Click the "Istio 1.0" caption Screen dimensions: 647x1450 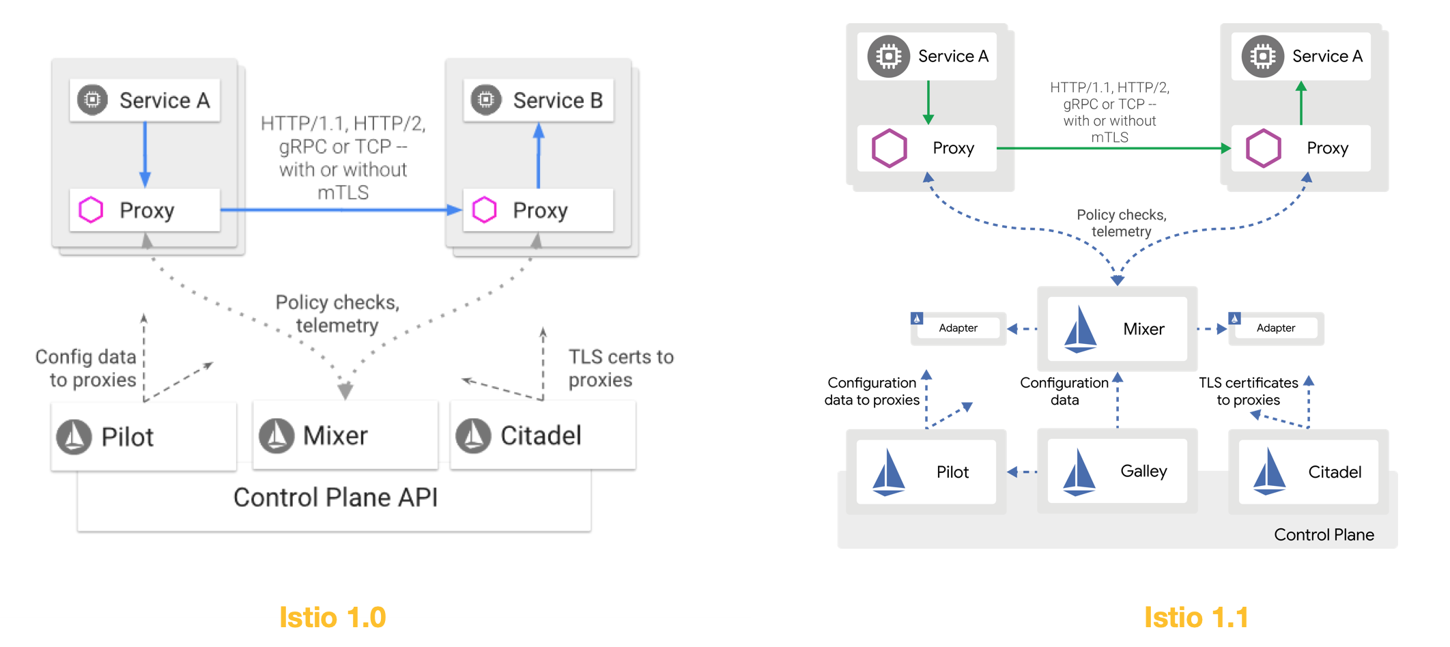click(332, 618)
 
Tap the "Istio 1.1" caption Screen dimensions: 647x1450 click(1196, 618)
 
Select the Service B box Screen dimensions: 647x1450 click(539, 100)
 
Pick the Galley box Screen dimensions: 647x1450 click(1117, 471)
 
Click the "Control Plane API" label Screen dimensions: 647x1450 click(335, 498)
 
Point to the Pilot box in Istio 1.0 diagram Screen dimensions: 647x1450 click(143, 435)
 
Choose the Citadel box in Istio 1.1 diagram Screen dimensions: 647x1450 click(1308, 472)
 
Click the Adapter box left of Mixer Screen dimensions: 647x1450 click(958, 328)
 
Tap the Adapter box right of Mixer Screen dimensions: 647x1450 click(1275, 328)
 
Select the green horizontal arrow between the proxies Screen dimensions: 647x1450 click(1113, 148)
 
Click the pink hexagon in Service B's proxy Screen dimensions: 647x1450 click(485, 210)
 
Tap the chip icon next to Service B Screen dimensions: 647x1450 click(486, 100)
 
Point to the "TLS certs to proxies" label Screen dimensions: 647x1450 click(621, 369)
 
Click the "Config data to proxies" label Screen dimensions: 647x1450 click(86, 369)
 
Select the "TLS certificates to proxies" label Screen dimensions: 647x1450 click(1248, 392)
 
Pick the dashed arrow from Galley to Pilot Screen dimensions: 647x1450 click(1022, 472)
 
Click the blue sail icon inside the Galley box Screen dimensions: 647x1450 click(1079, 472)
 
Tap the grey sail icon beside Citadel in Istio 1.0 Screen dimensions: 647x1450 click(473, 435)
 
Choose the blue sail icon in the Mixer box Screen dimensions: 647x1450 click(1081, 330)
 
